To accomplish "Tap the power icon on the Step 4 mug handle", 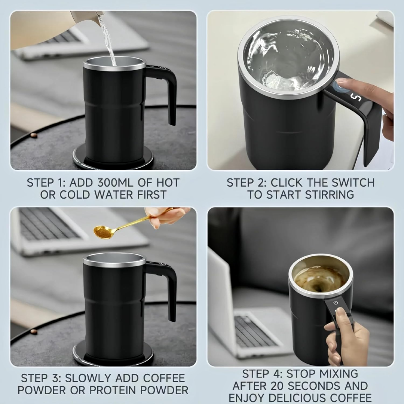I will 336,303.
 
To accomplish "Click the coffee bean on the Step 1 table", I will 34,135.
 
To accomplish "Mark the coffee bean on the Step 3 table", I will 34,331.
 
